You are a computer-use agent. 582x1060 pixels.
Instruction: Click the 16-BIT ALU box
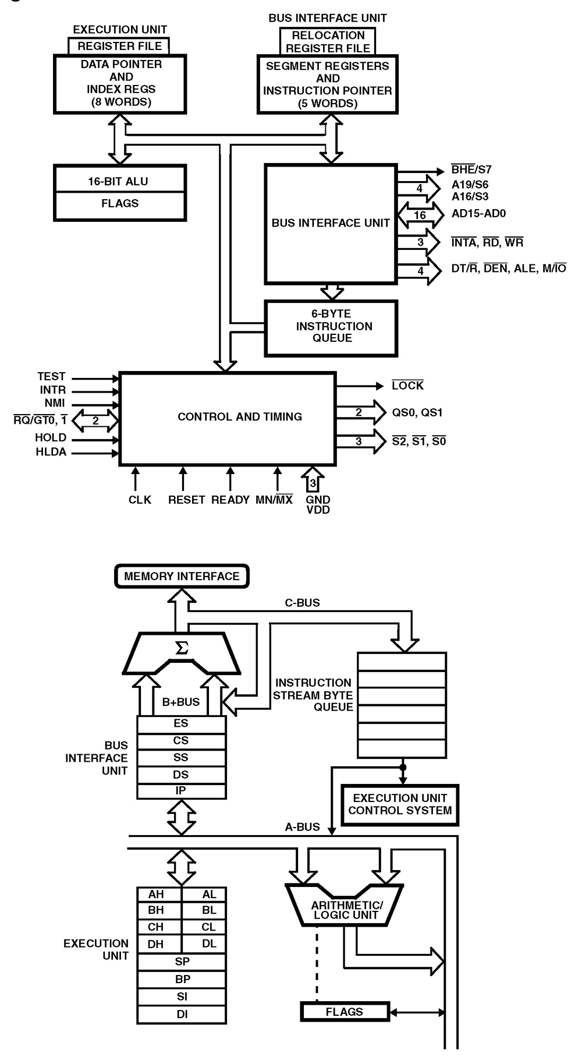[119, 181]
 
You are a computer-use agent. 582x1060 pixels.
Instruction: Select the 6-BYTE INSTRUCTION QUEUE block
[331, 327]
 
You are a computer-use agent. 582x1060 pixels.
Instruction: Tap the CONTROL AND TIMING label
[240, 416]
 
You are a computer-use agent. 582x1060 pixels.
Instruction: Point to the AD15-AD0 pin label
[478, 213]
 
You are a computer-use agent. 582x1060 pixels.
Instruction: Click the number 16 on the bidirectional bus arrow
[420, 215]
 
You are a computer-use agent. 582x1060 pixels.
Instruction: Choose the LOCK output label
[407, 386]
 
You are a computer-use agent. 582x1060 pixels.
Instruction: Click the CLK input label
[140, 500]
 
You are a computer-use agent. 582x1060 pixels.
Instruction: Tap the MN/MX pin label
[274, 500]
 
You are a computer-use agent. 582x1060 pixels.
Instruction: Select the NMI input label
[55, 403]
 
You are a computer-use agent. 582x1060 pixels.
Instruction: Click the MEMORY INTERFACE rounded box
[182, 576]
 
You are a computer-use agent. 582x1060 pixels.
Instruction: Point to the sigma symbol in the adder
[182, 648]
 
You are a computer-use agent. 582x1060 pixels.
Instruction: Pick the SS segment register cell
[181, 757]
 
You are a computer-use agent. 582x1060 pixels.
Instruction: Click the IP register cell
[181, 791]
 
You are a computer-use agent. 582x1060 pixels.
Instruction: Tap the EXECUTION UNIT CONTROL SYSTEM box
[400, 804]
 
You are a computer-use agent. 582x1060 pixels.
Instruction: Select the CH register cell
[156, 927]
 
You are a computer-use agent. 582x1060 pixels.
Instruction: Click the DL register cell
[209, 944]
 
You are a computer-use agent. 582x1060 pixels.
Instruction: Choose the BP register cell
[182, 979]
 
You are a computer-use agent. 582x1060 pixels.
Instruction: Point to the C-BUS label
[302, 603]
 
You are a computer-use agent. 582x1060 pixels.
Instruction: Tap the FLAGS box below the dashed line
[345, 1012]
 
